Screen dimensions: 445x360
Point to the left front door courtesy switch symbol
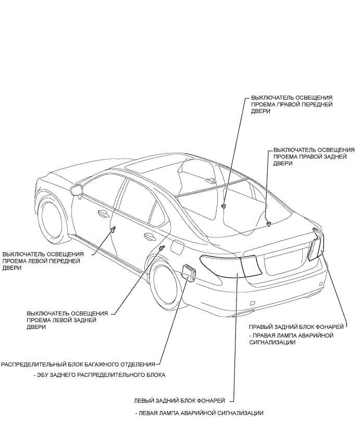tap(113, 229)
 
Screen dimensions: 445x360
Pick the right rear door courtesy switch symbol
tap(268, 224)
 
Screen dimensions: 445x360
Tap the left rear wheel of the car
tap(166, 286)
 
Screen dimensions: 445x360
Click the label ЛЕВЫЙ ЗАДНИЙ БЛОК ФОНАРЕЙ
tap(180, 400)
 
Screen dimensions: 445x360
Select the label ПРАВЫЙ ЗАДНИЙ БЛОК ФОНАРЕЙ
tap(297, 326)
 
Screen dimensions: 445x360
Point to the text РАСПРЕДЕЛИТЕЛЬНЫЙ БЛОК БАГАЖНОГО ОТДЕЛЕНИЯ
tap(79, 364)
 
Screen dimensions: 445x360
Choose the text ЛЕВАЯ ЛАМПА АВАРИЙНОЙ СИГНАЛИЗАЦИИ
tap(198, 413)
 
